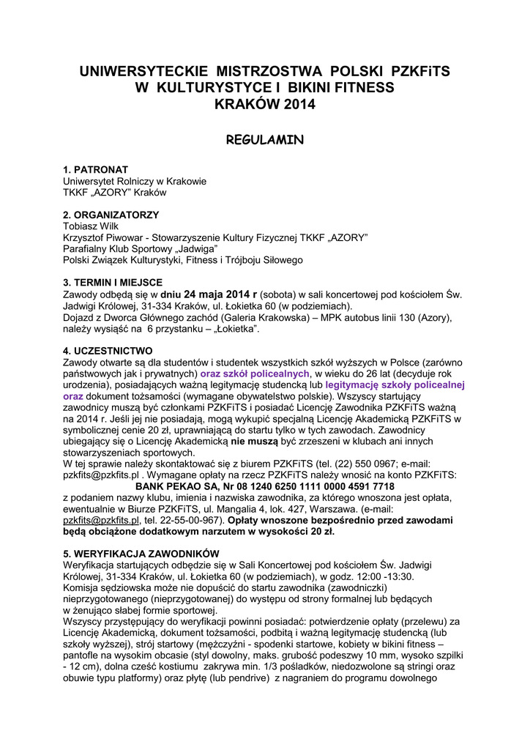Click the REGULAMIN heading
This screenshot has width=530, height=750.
tap(264, 139)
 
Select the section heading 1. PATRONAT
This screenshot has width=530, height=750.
tap(96, 169)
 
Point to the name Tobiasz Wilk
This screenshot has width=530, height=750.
tap(91, 226)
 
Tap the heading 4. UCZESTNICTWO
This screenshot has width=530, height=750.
tap(108, 350)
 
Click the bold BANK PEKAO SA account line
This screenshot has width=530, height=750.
tap(265, 486)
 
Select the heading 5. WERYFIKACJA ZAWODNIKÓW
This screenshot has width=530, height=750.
tap(141, 554)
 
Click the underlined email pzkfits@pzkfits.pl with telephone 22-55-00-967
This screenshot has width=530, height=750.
tap(101, 520)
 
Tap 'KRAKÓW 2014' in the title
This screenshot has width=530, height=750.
tap(264, 105)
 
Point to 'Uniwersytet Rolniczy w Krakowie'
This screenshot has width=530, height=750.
tap(135, 181)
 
